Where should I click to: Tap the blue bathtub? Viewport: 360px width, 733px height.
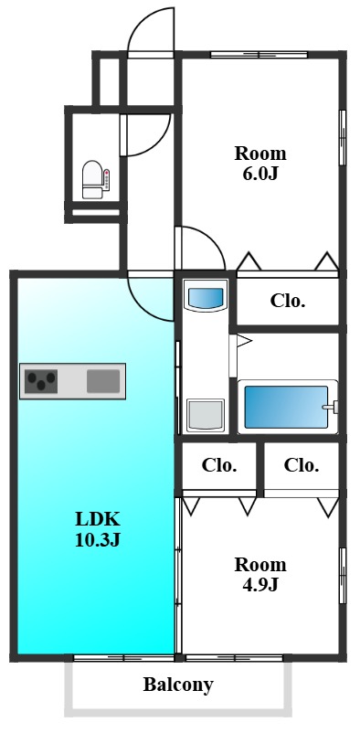[287, 407]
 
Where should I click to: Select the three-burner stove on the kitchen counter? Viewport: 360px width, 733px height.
[42, 381]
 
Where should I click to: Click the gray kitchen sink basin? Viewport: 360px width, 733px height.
[103, 381]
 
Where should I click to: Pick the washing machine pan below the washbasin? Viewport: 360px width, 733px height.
[206, 415]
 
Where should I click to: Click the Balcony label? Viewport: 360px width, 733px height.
[178, 685]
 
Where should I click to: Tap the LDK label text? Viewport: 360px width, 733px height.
[98, 519]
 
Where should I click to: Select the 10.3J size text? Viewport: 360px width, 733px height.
[98, 540]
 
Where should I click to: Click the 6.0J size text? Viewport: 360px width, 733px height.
[259, 174]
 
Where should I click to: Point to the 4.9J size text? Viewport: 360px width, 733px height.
[259, 584]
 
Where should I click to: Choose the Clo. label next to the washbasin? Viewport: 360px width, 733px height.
[288, 301]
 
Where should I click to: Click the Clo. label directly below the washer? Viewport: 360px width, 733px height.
[219, 465]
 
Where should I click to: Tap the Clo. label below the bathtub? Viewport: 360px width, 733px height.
[302, 465]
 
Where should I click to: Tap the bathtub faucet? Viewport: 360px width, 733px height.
[330, 407]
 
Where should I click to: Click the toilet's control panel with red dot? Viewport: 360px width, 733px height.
[107, 180]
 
